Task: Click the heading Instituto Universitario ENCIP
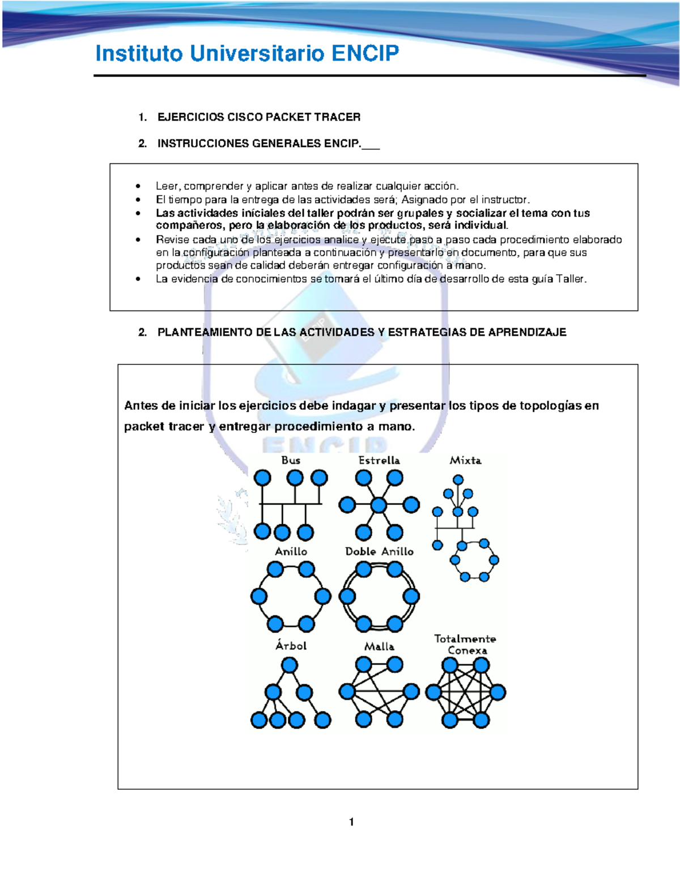pyautogui.click(x=247, y=54)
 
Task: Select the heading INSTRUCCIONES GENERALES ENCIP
pyautogui.click(x=258, y=143)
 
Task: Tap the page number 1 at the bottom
pyautogui.click(x=351, y=822)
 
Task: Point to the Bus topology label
pyautogui.click(x=291, y=460)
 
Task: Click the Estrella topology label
pyautogui.click(x=379, y=460)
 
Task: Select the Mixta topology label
pyautogui.click(x=465, y=460)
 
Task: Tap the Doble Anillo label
pyautogui.click(x=379, y=551)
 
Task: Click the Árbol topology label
pyautogui.click(x=291, y=645)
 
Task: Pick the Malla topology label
pyautogui.click(x=379, y=646)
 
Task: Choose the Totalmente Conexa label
pyautogui.click(x=465, y=644)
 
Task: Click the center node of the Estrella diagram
pyautogui.click(x=379, y=504)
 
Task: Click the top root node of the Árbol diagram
pyautogui.click(x=290, y=665)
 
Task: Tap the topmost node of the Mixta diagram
pyautogui.click(x=458, y=478)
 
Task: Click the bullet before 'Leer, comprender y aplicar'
pyautogui.click(x=138, y=186)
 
